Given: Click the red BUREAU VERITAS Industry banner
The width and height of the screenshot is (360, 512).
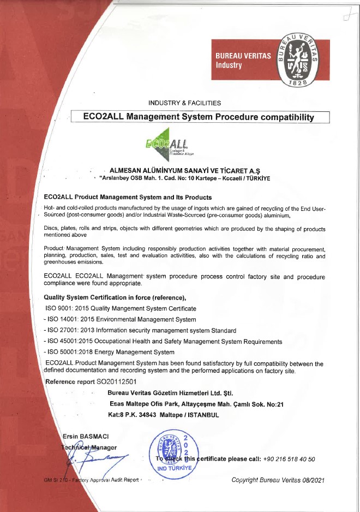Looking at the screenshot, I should coord(243,60).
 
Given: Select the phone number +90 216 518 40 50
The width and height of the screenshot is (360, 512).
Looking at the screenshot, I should coord(289,459).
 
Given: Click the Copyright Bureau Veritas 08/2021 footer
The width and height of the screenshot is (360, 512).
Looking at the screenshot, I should coord(278,480).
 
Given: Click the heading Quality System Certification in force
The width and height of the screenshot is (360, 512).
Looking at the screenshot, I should coord(114,297).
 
